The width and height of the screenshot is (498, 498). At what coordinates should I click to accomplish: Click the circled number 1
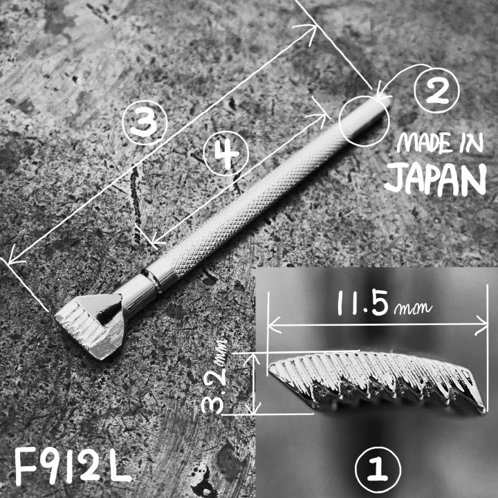click(378, 470)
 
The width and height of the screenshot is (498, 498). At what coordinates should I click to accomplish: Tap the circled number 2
click(436, 91)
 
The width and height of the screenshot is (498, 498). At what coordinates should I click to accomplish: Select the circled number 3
click(145, 123)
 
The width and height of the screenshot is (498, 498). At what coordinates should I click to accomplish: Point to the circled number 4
click(225, 154)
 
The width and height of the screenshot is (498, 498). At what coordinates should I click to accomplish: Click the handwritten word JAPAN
click(435, 179)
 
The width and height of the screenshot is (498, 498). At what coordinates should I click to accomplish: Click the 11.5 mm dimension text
click(385, 305)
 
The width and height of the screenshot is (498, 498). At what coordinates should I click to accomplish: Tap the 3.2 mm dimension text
click(215, 376)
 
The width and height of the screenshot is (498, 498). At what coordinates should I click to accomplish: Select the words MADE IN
click(440, 142)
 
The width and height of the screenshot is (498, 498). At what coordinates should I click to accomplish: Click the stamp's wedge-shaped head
click(90, 325)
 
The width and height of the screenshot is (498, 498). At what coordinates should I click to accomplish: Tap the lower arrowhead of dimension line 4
click(156, 242)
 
